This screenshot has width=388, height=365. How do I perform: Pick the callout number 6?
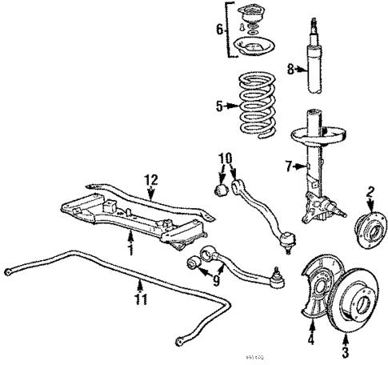219,30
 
